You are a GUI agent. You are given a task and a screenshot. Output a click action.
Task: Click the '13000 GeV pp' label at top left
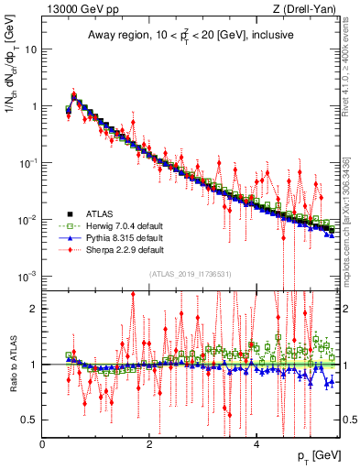click(x=80, y=9)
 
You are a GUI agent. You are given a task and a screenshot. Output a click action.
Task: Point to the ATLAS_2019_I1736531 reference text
click(x=190, y=273)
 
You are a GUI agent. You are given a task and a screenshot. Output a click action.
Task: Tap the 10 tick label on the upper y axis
click(x=31, y=49)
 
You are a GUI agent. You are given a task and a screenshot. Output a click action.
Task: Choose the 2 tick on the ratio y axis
click(x=35, y=309)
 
